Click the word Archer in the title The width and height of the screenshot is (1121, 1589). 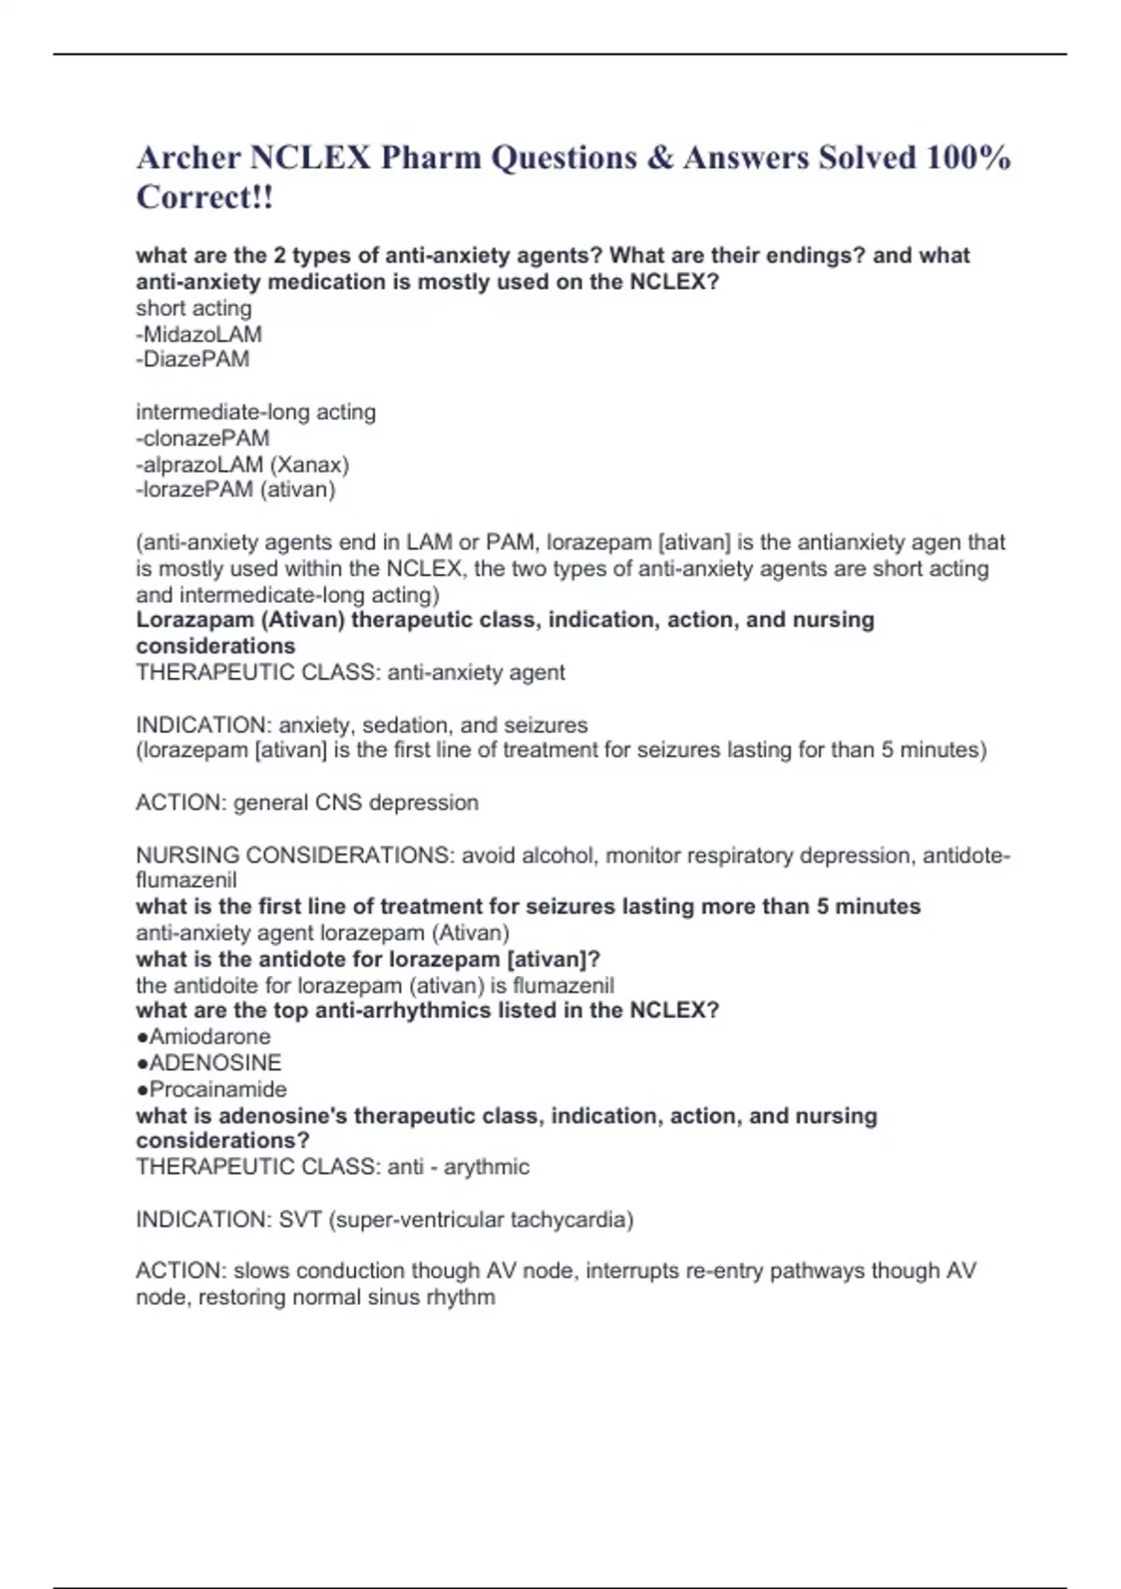pyautogui.click(x=189, y=158)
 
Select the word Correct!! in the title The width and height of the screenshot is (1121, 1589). pyautogui.click(x=205, y=197)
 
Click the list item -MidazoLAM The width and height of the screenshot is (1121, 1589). pyautogui.click(x=199, y=334)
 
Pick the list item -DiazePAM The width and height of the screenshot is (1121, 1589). pyautogui.click(x=192, y=360)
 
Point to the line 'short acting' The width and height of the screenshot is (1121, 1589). pyautogui.click(x=193, y=308)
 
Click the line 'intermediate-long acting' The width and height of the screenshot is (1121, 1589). pyautogui.click(x=256, y=412)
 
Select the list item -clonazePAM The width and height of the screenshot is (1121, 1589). pyautogui.click(x=203, y=438)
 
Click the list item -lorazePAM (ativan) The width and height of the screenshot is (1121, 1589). pyautogui.click(x=235, y=490)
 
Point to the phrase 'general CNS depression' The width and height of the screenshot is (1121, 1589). pyautogui.click(x=356, y=803)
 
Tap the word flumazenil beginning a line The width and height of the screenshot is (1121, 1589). pyautogui.click(x=186, y=880)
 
